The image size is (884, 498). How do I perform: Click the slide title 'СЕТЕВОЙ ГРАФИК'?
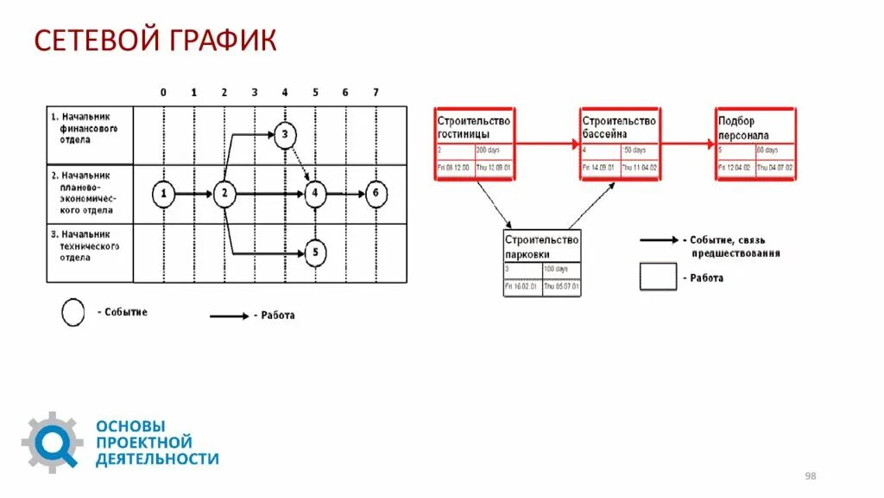tap(155, 40)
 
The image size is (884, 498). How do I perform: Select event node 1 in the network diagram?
tap(163, 194)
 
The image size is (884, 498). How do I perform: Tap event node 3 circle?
tap(286, 134)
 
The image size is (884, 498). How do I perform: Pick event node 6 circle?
tap(374, 194)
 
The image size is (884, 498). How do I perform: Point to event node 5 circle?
tap(315, 252)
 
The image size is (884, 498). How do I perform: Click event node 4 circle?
tap(315, 194)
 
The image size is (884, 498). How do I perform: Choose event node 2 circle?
tap(224, 194)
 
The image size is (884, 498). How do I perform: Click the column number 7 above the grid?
tap(376, 93)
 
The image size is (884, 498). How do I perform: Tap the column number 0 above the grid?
tap(163, 93)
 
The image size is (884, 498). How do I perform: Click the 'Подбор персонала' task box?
tap(755, 144)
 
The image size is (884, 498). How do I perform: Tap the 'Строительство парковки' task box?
tap(542, 263)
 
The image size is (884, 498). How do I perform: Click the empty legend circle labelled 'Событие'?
tap(73, 312)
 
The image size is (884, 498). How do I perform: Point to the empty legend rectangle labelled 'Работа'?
tap(658, 277)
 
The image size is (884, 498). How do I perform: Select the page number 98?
tap(811, 476)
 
